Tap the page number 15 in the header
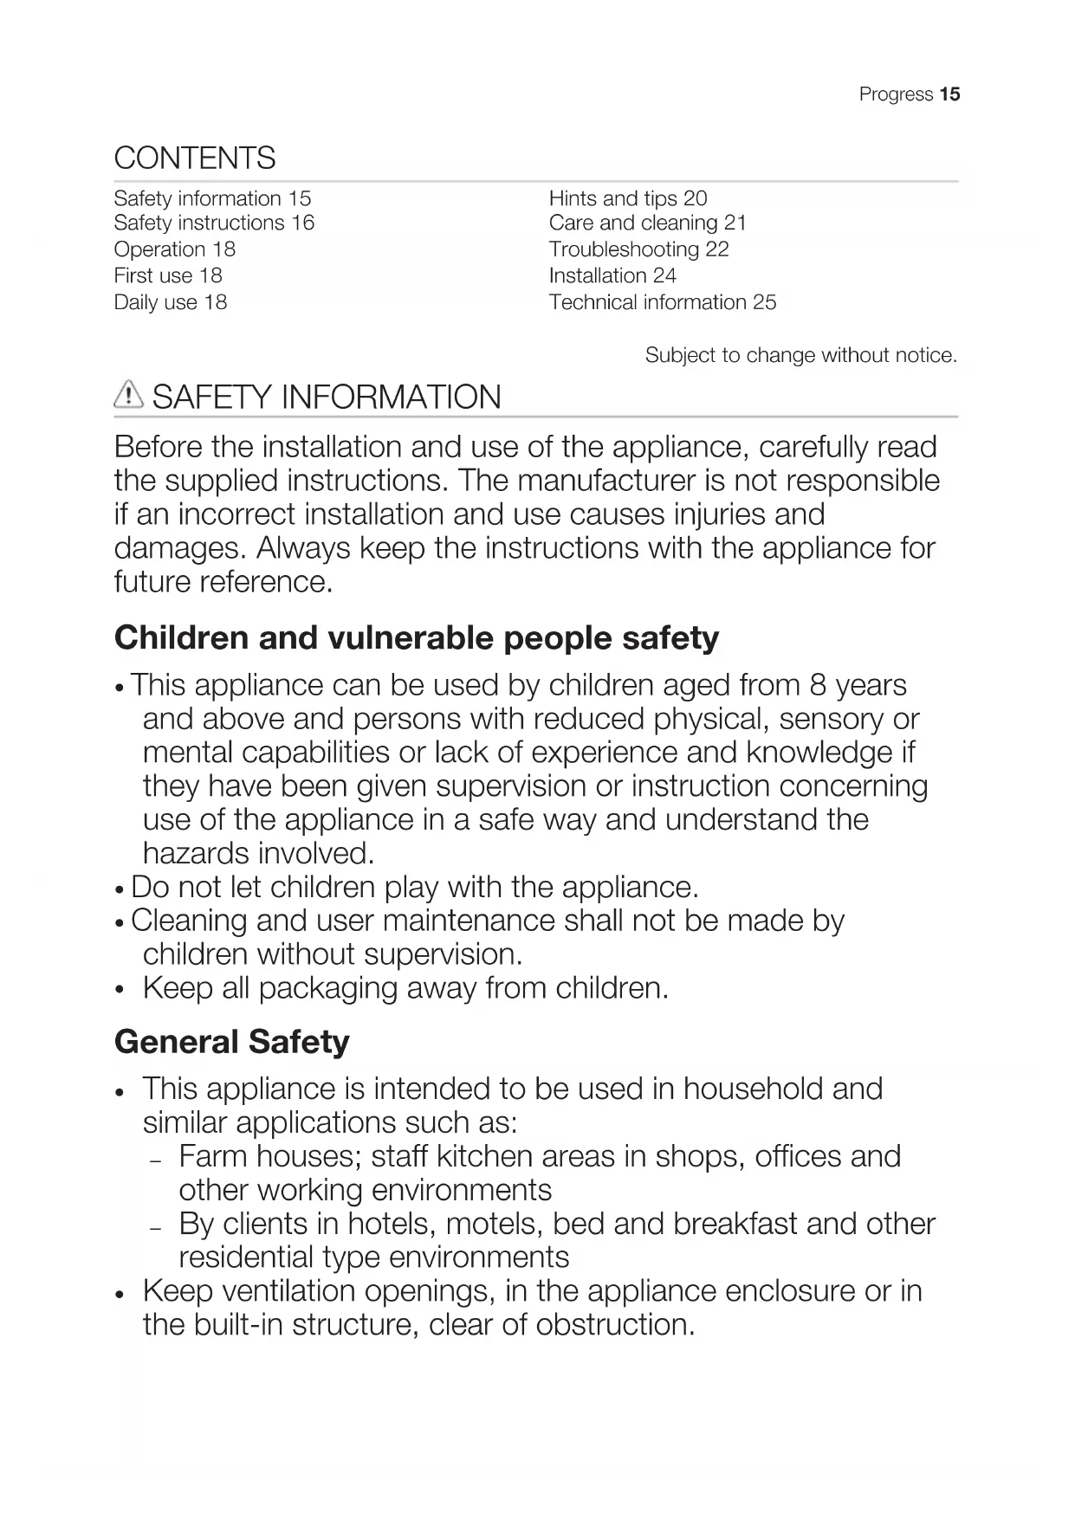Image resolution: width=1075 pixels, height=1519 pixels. [x=949, y=94]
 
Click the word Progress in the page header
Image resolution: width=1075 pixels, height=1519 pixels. [x=896, y=94]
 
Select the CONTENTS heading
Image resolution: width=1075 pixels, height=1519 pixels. [x=195, y=158]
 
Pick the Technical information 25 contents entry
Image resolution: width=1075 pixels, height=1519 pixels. [x=662, y=302]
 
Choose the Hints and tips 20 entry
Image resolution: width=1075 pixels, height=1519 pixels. [x=627, y=198]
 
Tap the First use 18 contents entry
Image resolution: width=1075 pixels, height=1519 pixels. [x=168, y=276]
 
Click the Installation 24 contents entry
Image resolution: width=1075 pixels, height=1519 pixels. [x=612, y=276]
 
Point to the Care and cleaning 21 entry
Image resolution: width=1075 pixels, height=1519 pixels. [x=647, y=223]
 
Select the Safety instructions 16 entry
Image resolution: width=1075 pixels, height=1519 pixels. [x=214, y=223]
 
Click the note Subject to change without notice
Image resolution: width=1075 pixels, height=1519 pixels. [x=800, y=355]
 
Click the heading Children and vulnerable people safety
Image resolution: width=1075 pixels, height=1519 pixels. [x=417, y=638]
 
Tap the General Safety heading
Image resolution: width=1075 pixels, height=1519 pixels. [x=232, y=1042]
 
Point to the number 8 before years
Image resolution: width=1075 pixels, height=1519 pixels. [x=818, y=685]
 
